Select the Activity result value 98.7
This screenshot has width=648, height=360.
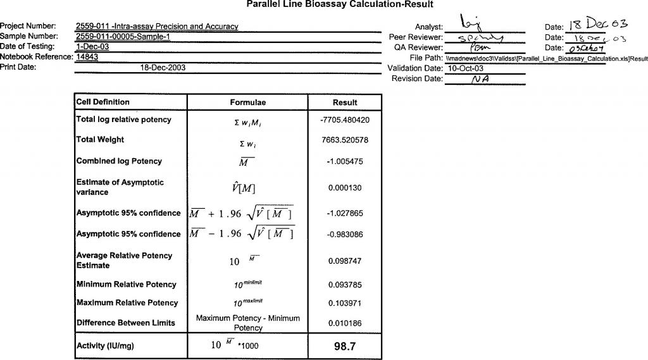[345, 347]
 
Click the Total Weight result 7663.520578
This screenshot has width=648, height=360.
[345, 140]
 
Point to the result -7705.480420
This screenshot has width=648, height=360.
[345, 120]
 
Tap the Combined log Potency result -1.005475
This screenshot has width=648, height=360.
[345, 161]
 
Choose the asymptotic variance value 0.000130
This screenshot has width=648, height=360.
[345, 188]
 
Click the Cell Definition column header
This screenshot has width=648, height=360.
[103, 102]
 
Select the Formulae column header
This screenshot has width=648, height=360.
[247, 102]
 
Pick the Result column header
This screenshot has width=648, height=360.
[345, 102]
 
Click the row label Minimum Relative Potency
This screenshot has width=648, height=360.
[127, 285]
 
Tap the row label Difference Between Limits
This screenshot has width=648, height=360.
[125, 323]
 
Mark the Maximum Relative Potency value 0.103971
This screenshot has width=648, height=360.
[345, 303]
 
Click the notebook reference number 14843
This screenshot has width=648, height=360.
[87, 57]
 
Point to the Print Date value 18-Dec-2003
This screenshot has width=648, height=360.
[163, 67]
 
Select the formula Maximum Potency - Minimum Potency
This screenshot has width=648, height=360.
[248, 323]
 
